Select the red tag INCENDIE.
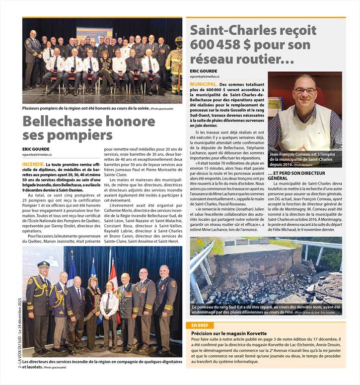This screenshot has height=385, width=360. [32, 164]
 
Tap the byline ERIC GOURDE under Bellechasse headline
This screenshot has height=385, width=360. [36, 148]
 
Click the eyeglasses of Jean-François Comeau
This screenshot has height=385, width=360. [305, 91]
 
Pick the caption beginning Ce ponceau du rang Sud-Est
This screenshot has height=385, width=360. [266, 310]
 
